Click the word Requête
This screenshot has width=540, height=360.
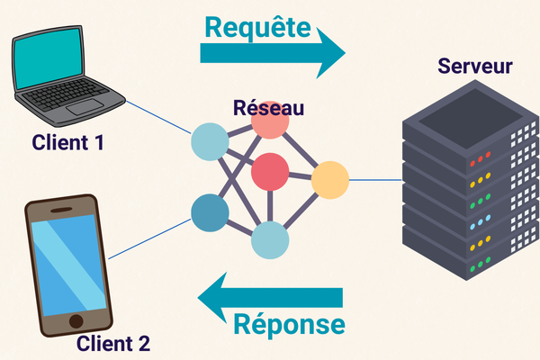pyautogui.click(x=258, y=26)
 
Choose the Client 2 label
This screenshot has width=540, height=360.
pyautogui.click(x=113, y=343)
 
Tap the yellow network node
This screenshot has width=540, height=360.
pyautogui.click(x=329, y=180)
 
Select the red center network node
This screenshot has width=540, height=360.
pyautogui.click(x=270, y=171)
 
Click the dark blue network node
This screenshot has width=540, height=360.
pyautogui.click(x=210, y=212)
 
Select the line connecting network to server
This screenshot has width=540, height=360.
pyautogui.click(x=373, y=180)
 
